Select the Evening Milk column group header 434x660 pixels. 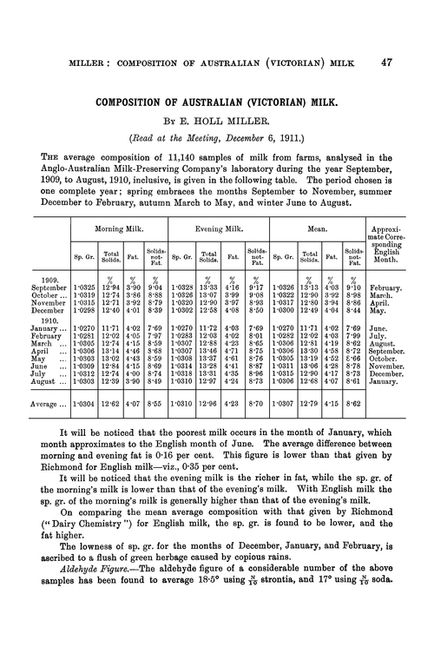point(218,230)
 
